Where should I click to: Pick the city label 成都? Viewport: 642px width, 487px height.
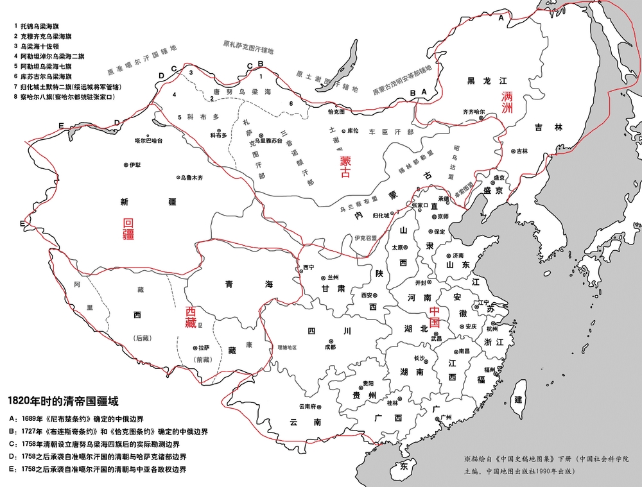click(330, 346)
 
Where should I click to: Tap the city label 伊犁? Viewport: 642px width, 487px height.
click(134, 165)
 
